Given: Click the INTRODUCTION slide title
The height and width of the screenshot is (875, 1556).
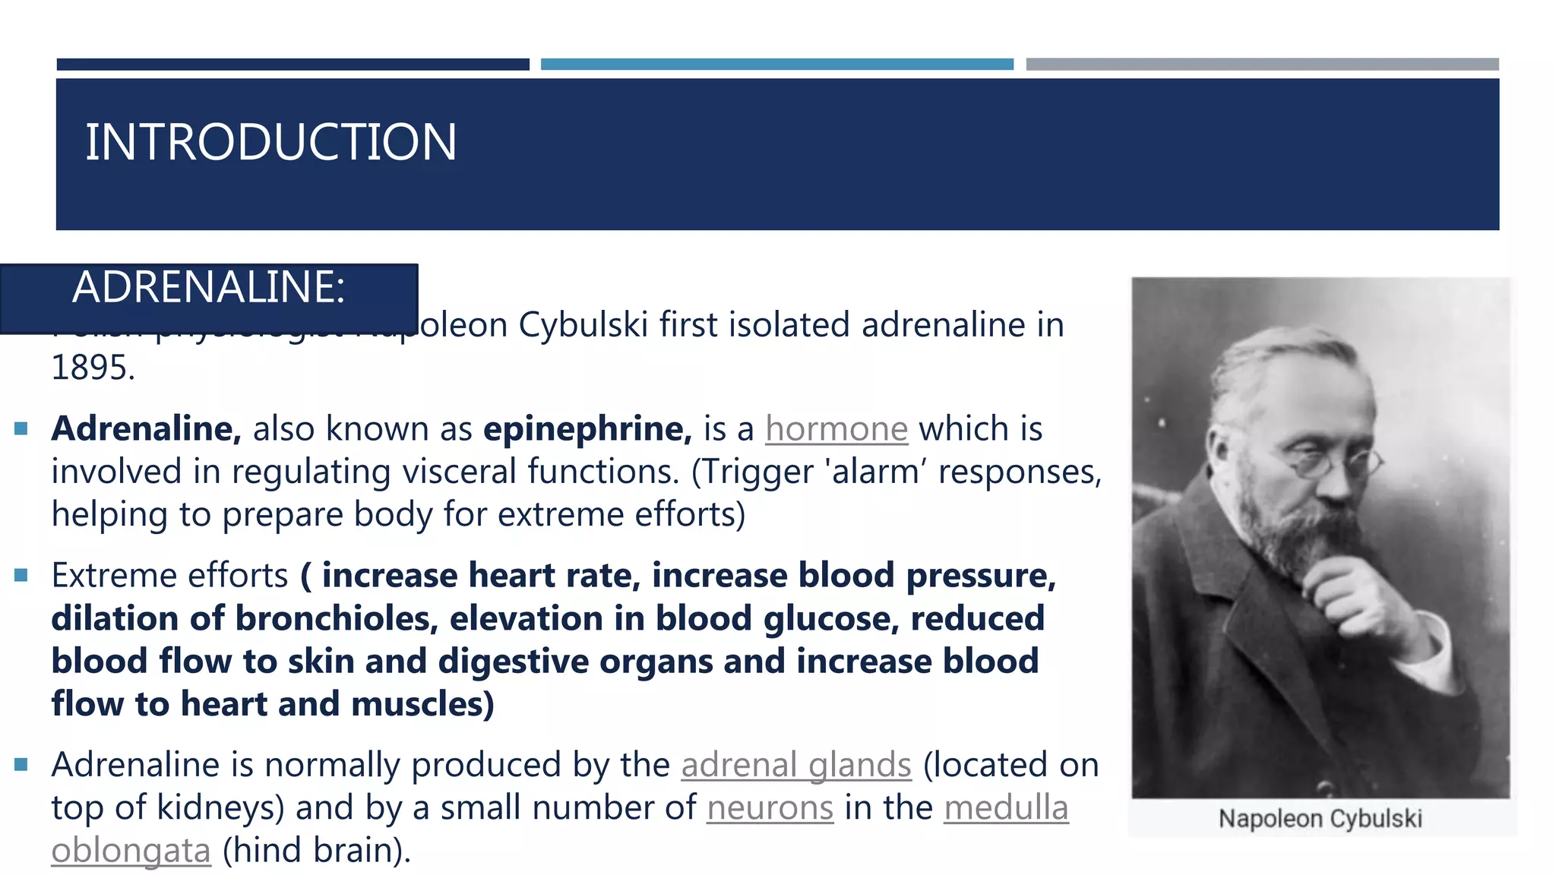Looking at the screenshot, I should coord(270,142).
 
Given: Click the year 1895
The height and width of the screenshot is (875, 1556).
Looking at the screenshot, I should coord(92,368).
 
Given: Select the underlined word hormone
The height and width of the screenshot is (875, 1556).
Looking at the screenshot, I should coord(836,429).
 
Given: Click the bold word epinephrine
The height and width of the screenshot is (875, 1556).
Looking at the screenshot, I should coord(587,429).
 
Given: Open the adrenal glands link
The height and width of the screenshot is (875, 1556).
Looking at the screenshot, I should coord(795,765).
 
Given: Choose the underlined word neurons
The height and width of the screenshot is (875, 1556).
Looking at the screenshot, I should coord(770,807).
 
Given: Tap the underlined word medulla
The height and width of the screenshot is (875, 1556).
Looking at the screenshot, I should coord(1006,807).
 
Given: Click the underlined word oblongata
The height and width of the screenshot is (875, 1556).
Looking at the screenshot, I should coord(131,851).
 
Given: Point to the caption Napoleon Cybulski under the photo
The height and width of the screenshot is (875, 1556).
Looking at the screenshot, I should coord(1320,819).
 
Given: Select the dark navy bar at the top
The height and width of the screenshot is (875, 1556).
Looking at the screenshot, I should coord(293,65).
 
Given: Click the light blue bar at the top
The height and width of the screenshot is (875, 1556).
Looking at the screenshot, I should coord(776,65).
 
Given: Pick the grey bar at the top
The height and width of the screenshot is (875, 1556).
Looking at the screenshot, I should coord(1262,65).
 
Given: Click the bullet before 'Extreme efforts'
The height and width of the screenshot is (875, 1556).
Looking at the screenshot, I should coord(21,575).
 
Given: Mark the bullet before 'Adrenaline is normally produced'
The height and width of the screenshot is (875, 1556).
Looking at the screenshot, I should coord(21,764).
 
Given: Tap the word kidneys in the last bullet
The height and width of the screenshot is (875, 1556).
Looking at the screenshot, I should coord(217,807).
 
